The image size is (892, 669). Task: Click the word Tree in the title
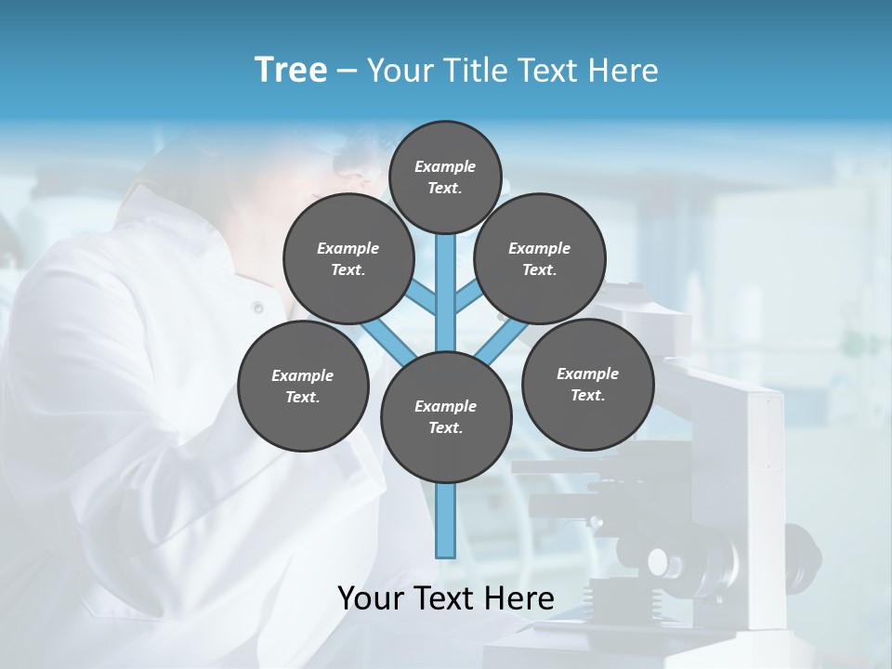click(x=291, y=70)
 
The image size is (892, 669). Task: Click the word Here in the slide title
click(x=623, y=71)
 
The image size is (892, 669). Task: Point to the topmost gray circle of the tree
click(x=445, y=177)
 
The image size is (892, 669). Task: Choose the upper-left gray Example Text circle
click(x=348, y=259)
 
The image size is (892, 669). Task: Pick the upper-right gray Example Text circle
click(x=540, y=259)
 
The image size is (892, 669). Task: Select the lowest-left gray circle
click(x=303, y=387)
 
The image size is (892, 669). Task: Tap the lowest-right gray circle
click(x=587, y=385)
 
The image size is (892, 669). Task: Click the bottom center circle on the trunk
click(x=446, y=417)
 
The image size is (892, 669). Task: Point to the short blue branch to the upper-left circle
click(x=424, y=298)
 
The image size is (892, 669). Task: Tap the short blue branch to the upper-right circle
click(x=467, y=298)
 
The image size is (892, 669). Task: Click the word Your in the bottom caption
click(x=369, y=598)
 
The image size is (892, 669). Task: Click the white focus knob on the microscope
click(x=659, y=561)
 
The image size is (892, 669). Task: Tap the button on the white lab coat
click(x=257, y=308)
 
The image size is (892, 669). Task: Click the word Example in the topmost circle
click(x=445, y=166)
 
